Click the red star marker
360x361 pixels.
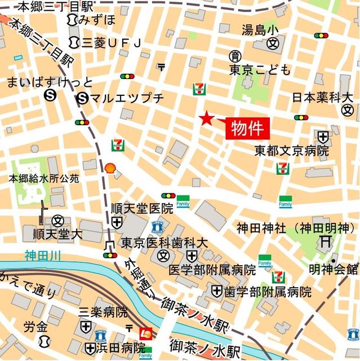coord(207,118)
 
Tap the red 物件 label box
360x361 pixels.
coord(248,128)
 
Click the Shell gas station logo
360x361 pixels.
coord(111,168)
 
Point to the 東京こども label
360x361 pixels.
coord(260,70)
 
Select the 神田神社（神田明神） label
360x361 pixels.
coord(293,229)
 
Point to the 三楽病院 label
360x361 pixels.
coord(103,312)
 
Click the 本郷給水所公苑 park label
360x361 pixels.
coord(43,178)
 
